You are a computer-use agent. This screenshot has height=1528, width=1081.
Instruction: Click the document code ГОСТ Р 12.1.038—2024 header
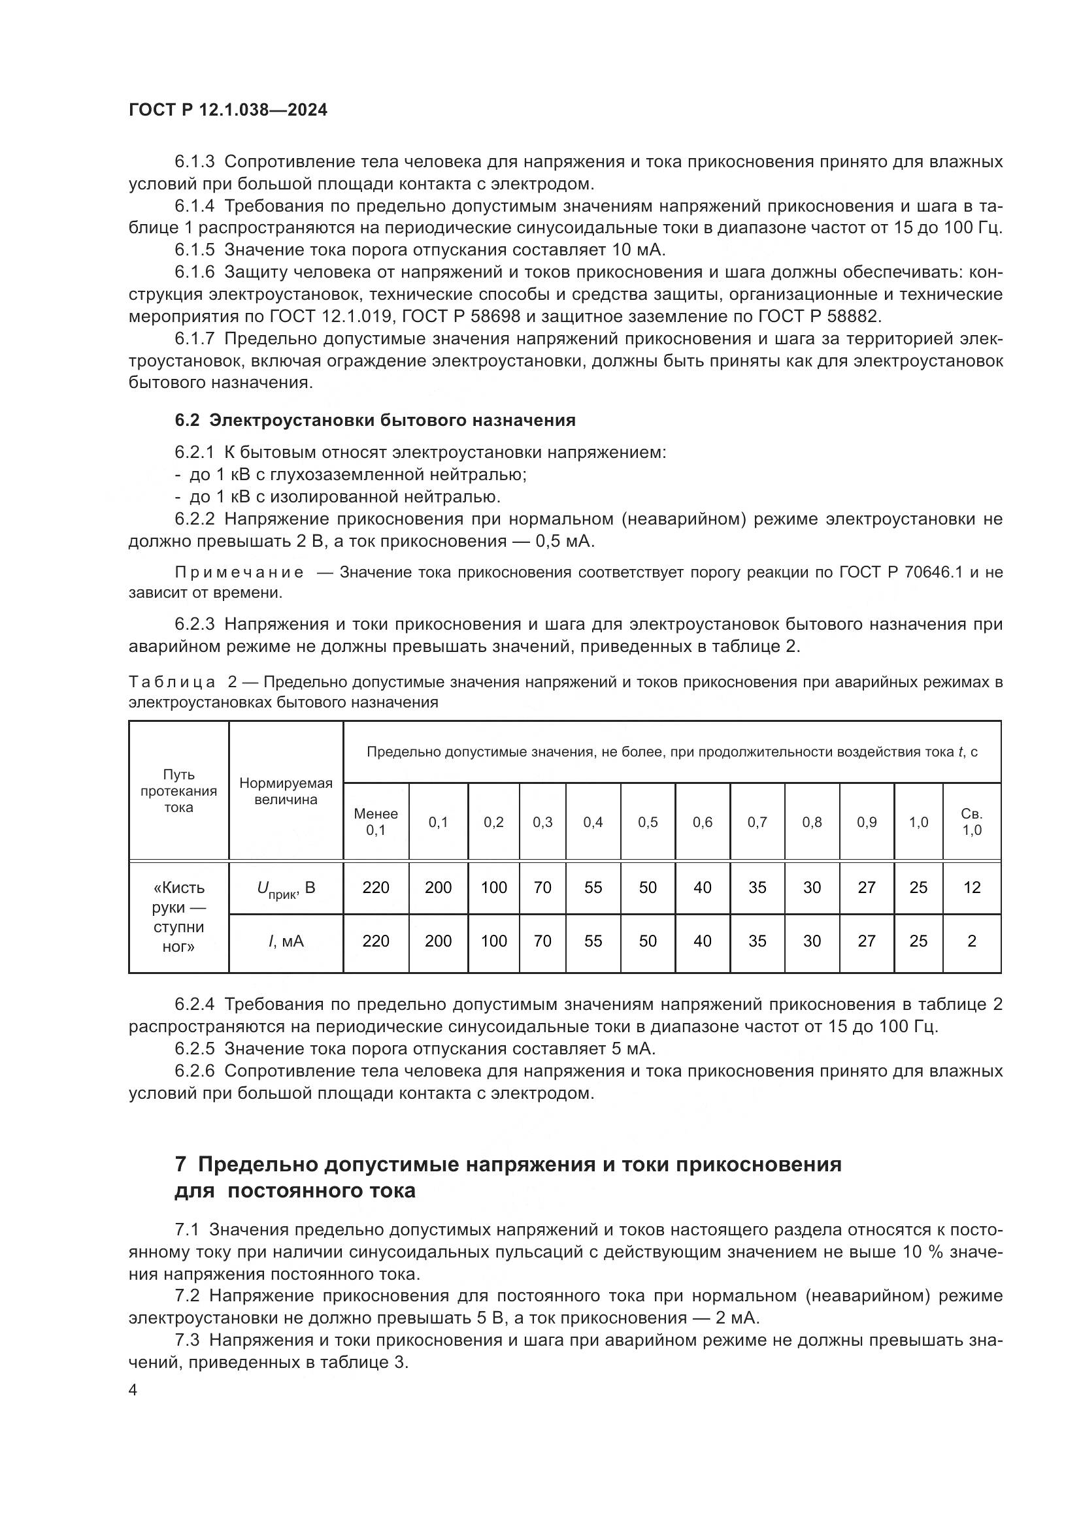pos(227,110)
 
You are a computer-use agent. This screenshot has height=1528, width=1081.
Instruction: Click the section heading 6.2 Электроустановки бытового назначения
pos(374,420)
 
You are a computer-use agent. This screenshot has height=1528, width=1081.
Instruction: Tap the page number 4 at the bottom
pos(133,1390)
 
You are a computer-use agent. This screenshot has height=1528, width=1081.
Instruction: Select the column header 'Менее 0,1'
pos(376,822)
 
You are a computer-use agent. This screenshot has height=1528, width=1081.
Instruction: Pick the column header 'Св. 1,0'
pos(972,822)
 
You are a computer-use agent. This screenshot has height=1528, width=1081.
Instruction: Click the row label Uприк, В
pos(286,888)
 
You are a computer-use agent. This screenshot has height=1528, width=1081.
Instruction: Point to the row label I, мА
pos(286,941)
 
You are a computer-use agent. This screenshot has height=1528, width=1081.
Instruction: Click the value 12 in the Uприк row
pos(972,887)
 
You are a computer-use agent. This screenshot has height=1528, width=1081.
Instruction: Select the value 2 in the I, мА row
pos(972,941)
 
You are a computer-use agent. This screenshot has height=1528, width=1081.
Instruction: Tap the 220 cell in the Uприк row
pos(376,887)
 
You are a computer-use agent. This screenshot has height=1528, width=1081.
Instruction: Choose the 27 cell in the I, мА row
pos(867,941)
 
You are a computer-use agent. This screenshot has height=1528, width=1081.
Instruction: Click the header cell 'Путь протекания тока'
pos(178,791)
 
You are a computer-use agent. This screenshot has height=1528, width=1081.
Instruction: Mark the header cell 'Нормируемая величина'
pos(286,791)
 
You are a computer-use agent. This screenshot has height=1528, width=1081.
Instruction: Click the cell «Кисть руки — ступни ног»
pos(178,917)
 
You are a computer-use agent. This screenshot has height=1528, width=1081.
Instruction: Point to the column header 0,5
pos(648,822)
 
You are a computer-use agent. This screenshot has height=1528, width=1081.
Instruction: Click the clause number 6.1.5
pos(194,250)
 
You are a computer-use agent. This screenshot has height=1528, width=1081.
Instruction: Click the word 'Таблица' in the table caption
pos(173,682)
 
